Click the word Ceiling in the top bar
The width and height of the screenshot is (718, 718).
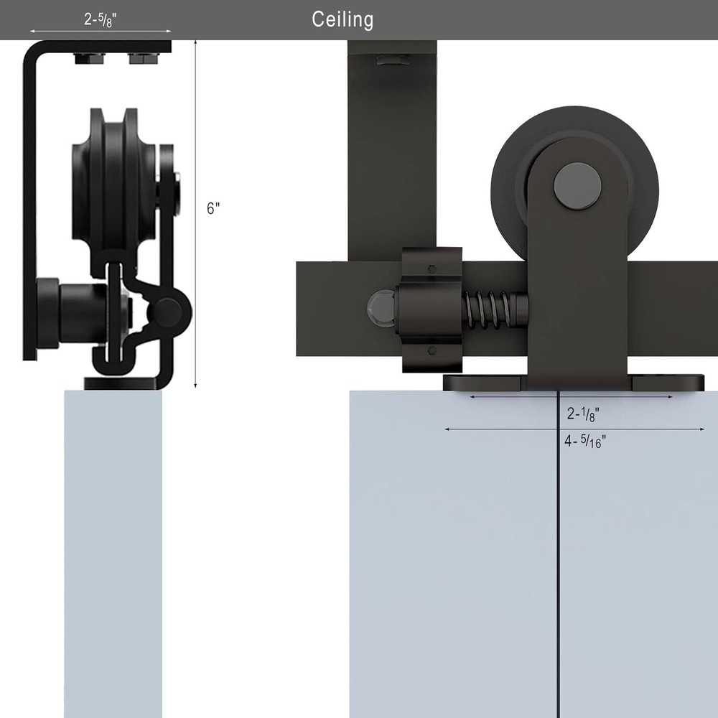[x=342, y=19]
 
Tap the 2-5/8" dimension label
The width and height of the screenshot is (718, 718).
[x=101, y=19]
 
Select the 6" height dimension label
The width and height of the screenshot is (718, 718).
[x=213, y=208]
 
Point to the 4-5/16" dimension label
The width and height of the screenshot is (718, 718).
[x=585, y=442]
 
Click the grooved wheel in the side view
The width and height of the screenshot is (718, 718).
[x=113, y=190]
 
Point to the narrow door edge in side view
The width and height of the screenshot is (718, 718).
[x=113, y=553]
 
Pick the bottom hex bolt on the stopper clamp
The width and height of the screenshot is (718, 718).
[x=432, y=351]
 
